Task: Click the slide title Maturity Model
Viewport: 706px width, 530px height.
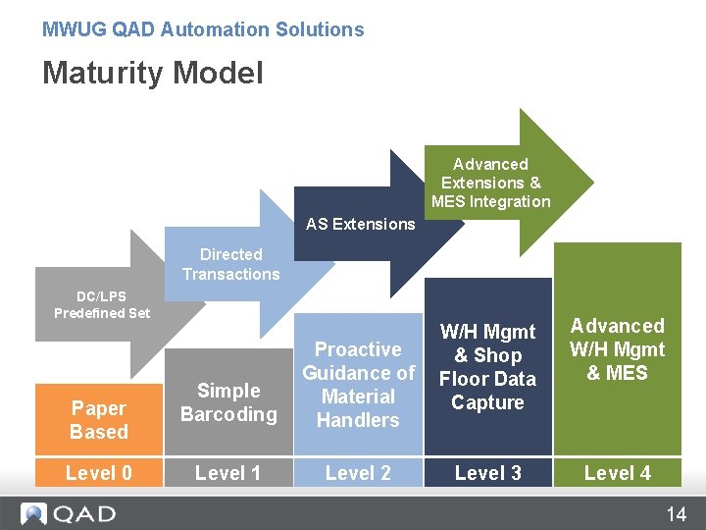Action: click(152, 73)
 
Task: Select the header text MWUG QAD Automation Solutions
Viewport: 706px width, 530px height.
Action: click(203, 29)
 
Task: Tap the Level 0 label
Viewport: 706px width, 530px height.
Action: click(99, 473)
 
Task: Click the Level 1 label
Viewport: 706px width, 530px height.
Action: click(228, 473)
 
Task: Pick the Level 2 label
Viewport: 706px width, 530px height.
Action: click(358, 473)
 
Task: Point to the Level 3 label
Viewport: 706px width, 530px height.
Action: click(487, 473)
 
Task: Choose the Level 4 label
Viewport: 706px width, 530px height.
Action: click(617, 473)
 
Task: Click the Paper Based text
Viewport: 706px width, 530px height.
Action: click(99, 420)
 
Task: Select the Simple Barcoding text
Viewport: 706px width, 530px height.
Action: click(228, 402)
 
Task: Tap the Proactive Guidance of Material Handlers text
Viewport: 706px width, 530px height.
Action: click(358, 385)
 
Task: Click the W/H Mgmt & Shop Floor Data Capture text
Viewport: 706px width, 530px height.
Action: click(487, 367)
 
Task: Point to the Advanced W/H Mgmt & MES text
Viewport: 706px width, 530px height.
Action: click(617, 349)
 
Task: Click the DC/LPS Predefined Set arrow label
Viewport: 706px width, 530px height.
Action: click(102, 304)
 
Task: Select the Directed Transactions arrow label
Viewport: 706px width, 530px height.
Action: click(230, 264)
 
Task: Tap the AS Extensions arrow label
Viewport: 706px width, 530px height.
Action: click(360, 224)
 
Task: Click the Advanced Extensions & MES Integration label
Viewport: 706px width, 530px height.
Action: click(490, 183)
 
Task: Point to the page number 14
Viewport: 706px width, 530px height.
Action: click(677, 514)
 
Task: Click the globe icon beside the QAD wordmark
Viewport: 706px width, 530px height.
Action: click(35, 513)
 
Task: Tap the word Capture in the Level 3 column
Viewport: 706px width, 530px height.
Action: click(487, 402)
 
